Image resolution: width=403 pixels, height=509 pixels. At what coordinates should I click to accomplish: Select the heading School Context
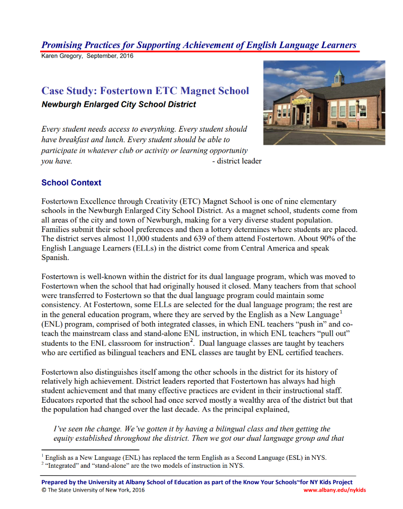[x=71, y=183]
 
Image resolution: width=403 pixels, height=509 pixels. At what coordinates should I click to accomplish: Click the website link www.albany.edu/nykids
[x=334, y=490]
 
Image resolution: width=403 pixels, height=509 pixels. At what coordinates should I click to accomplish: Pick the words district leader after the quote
[x=236, y=161]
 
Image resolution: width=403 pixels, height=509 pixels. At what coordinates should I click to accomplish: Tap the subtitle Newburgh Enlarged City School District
[x=118, y=104]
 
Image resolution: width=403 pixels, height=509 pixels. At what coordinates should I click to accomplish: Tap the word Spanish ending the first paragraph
[x=55, y=257]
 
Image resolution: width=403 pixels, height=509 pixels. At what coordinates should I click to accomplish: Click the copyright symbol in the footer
[x=43, y=490]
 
